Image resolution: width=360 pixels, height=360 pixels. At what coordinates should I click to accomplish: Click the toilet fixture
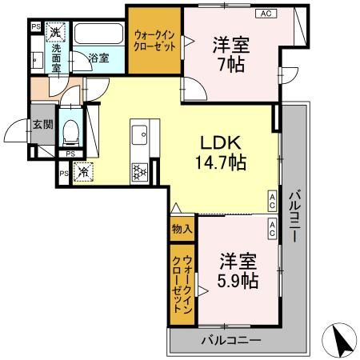tap(70, 129)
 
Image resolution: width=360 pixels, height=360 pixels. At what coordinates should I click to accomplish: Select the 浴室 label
tap(98, 58)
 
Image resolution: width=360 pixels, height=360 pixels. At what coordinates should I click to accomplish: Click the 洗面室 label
tap(56, 58)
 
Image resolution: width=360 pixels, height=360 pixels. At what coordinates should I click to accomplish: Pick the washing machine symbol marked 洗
tap(56, 33)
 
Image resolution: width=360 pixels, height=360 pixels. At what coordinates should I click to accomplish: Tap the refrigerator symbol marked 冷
tap(82, 170)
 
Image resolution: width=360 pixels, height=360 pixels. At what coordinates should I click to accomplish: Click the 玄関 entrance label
tap(42, 124)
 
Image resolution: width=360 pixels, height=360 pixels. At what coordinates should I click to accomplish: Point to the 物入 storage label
tap(182, 228)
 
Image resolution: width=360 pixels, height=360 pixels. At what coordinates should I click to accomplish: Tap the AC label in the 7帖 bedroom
tap(264, 14)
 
